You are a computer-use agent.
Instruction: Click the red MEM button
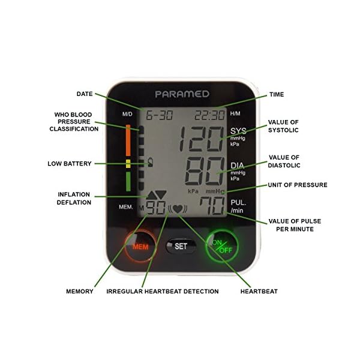click(x=140, y=246)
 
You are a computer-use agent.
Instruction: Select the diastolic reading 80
click(x=200, y=172)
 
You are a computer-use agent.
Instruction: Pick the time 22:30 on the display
click(x=211, y=114)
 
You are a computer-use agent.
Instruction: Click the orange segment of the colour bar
click(x=128, y=140)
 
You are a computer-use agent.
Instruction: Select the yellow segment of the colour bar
click(x=128, y=164)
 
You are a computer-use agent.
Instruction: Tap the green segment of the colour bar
click(x=128, y=181)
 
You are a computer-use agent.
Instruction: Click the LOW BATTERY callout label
click(x=70, y=163)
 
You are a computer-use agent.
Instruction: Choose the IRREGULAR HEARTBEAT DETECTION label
click(x=162, y=291)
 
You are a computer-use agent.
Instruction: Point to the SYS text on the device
click(x=238, y=131)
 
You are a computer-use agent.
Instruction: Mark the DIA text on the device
click(x=238, y=164)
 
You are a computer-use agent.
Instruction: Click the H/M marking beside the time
click(x=235, y=113)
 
